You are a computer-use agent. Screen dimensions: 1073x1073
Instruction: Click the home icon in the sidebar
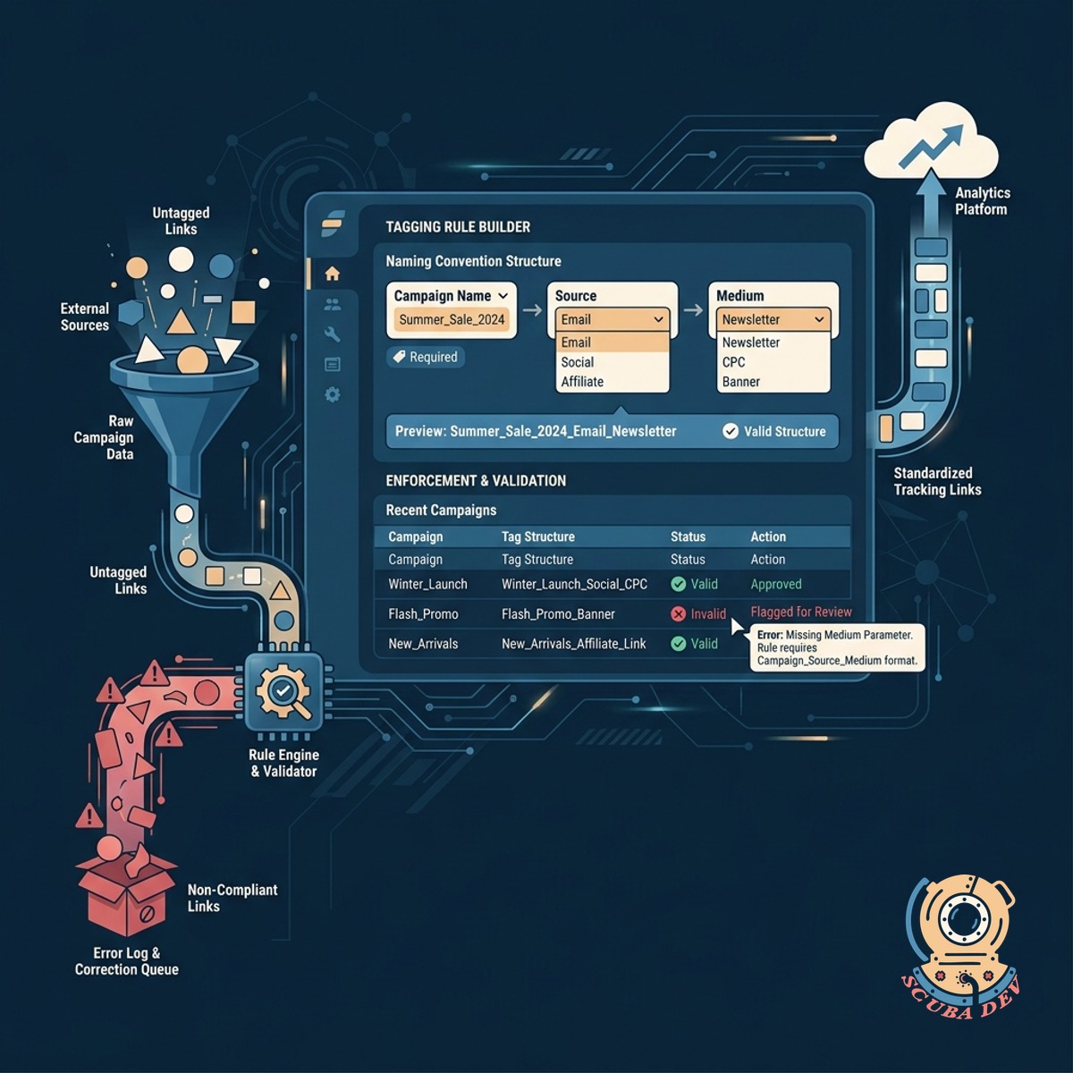click(333, 274)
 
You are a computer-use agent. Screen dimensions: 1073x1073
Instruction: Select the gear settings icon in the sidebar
click(333, 395)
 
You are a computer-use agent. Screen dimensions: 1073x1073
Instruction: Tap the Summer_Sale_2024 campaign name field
click(452, 319)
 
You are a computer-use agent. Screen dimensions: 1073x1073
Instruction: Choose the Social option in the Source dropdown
click(578, 362)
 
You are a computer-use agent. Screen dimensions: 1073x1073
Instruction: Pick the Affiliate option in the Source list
click(582, 382)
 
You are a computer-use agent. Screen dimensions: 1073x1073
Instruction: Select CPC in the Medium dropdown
click(733, 362)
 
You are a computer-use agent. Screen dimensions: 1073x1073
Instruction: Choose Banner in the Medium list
click(741, 382)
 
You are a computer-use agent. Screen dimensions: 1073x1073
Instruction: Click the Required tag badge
click(426, 357)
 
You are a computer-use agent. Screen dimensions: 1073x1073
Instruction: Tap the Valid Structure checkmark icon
click(730, 431)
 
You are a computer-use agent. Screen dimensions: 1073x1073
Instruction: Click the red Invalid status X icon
click(678, 613)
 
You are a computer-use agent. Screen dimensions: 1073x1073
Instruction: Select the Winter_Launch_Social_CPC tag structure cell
click(574, 584)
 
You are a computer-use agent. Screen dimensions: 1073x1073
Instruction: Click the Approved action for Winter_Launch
click(776, 584)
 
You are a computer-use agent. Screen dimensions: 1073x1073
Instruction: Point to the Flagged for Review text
click(800, 612)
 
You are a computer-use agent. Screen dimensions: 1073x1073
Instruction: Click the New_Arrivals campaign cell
click(423, 644)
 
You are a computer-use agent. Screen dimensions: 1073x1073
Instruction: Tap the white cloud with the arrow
click(931, 142)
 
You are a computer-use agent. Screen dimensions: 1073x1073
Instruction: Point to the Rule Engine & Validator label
click(284, 763)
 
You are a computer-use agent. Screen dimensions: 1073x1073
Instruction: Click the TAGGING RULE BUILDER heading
click(458, 226)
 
